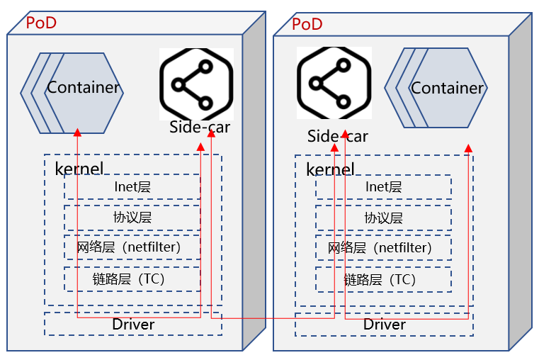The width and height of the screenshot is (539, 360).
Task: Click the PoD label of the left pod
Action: click(41, 22)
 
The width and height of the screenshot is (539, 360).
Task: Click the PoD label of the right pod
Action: click(307, 24)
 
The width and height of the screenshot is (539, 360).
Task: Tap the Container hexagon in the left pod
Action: click(83, 89)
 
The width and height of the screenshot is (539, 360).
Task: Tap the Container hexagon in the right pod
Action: click(447, 89)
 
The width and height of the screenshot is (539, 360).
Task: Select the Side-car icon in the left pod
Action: click(196, 84)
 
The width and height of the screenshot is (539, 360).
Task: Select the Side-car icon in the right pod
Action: click(334, 84)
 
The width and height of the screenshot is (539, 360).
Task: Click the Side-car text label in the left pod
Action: click(200, 128)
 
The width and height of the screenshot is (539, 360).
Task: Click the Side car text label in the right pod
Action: click(337, 136)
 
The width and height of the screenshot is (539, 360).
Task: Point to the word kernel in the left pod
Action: click(79, 169)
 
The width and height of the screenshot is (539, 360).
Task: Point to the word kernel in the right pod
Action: click(330, 169)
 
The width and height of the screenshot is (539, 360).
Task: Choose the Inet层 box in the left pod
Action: click(132, 187)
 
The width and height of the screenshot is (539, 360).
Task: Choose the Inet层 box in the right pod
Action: click(383, 187)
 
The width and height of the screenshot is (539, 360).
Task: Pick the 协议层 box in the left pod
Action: click(132, 218)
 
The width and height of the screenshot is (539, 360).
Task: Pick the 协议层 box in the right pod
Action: click(383, 218)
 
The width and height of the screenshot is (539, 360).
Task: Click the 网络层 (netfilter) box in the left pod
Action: click(132, 248)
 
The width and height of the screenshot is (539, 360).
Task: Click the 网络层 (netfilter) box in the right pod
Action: click(383, 248)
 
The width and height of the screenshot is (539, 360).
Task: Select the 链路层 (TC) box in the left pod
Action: click(132, 279)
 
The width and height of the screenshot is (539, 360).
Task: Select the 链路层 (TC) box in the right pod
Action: click(383, 279)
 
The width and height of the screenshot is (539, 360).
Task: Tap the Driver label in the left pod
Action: click(133, 325)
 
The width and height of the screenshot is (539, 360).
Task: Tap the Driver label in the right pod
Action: click(385, 325)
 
